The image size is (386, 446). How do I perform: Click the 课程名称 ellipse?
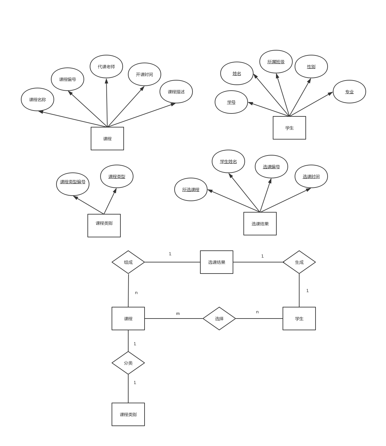[38, 99]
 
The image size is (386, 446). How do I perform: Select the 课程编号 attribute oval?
[68, 79]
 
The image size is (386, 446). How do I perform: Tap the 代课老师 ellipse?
[106, 67]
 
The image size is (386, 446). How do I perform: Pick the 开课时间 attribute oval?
[145, 74]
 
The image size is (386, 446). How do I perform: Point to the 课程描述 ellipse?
[176, 92]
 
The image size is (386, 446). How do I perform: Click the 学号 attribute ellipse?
[231, 102]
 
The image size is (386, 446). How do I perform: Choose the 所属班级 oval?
[276, 62]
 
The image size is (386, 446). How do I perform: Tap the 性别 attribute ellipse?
[311, 67]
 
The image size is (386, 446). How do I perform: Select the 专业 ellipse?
[349, 92]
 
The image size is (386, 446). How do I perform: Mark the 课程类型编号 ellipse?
[73, 182]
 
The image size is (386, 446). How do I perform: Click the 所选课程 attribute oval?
[191, 189]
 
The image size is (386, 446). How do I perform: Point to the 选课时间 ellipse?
[311, 176]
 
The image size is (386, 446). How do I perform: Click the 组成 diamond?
[128, 262]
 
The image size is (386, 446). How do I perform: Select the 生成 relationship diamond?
[299, 262]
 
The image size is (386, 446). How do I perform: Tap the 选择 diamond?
[219, 319]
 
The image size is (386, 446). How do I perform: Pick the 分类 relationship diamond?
[128, 363]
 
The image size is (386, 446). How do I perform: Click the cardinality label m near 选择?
[178, 314]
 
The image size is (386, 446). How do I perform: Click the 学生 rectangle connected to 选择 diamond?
[299, 319]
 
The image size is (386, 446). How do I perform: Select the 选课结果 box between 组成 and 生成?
[217, 262]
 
